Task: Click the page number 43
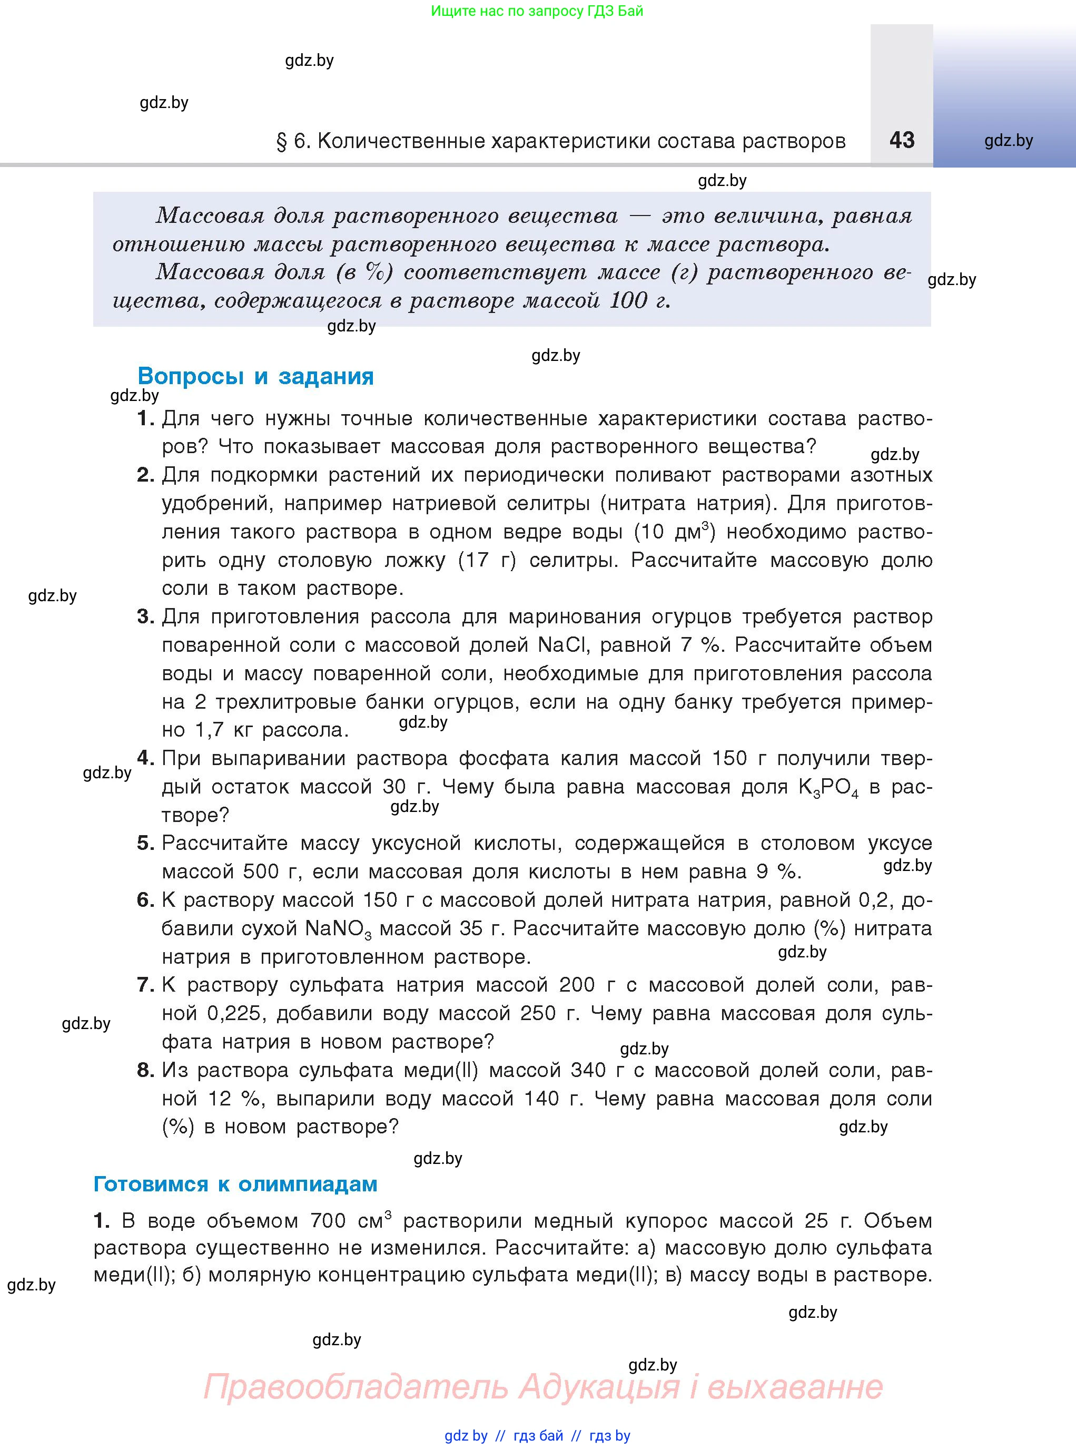pos(902,140)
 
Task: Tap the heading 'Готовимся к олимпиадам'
pos(235,1183)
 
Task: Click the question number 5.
pos(145,843)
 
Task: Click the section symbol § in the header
pos(281,141)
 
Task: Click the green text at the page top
pos(537,11)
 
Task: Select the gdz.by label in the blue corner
pos(1008,141)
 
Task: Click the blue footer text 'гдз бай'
pos(538,1435)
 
